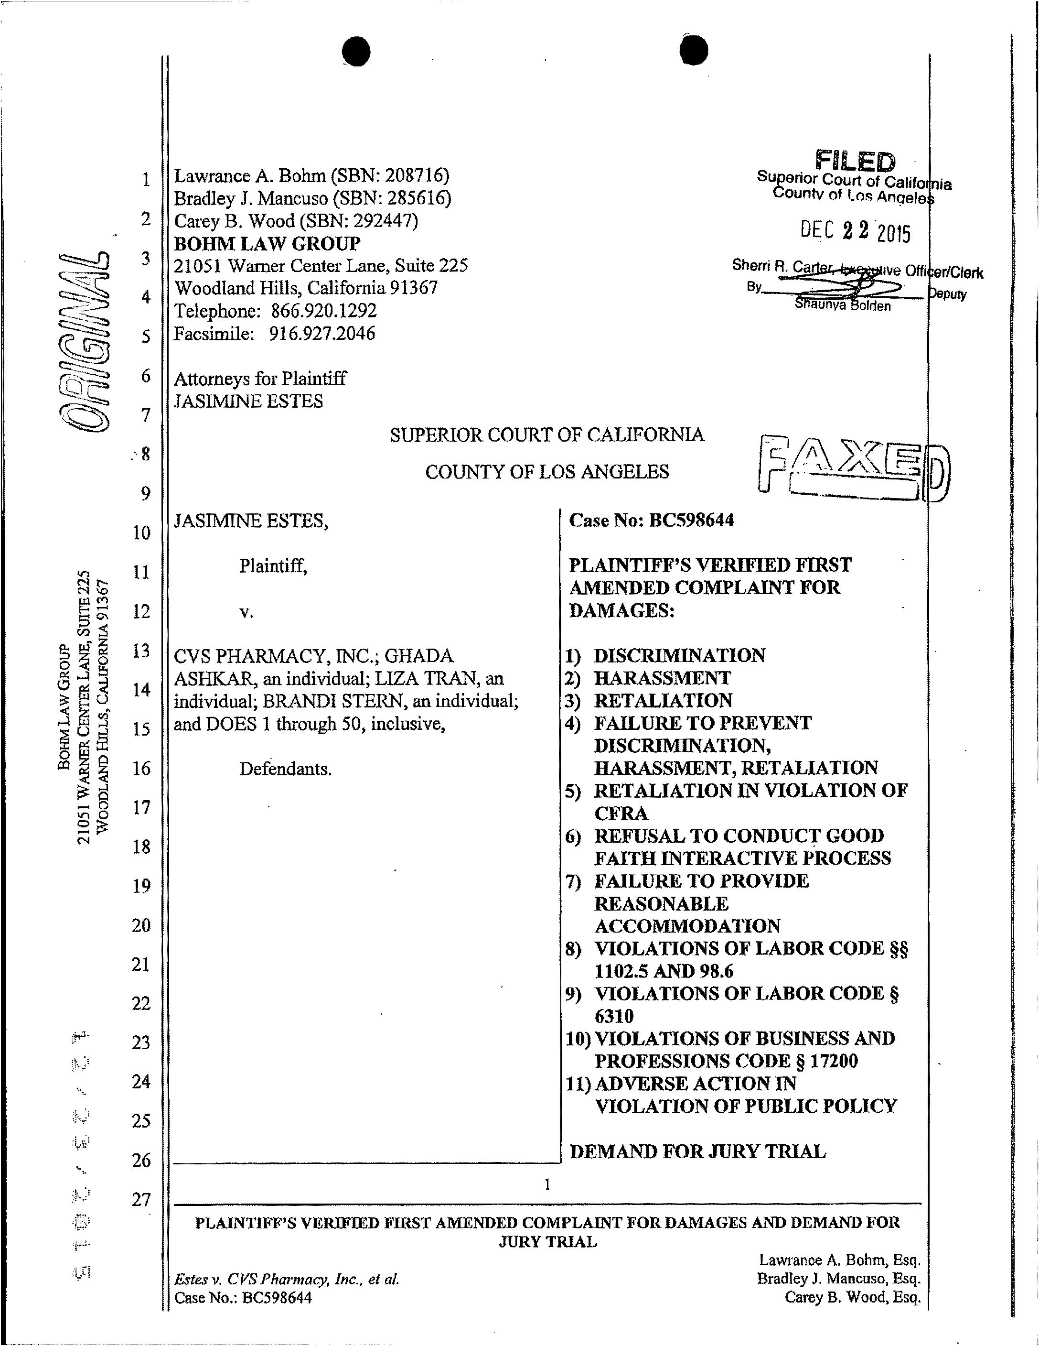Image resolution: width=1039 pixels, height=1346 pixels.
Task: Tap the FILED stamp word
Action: (855, 162)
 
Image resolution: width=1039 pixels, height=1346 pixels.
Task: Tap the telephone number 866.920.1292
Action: (323, 311)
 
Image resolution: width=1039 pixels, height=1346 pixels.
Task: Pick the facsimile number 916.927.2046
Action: (321, 334)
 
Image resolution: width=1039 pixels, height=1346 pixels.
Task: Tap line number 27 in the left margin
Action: (141, 1199)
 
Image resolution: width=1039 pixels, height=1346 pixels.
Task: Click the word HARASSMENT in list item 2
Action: (662, 678)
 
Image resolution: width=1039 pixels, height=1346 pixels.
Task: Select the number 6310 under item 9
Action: (613, 1016)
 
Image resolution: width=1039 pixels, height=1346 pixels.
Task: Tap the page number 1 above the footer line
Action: (547, 1184)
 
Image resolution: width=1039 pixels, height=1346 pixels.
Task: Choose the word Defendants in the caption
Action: (285, 769)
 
